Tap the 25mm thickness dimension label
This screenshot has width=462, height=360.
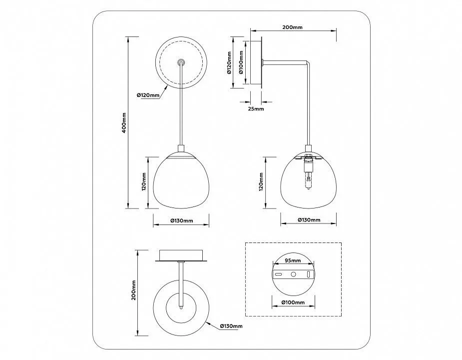(x=256, y=108)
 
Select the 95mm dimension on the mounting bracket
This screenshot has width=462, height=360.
(x=293, y=260)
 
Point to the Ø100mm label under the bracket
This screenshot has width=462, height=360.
(x=293, y=302)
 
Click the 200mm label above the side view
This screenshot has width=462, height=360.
(x=292, y=27)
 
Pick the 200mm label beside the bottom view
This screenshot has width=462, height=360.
(x=133, y=290)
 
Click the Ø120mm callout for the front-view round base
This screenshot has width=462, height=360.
(x=148, y=95)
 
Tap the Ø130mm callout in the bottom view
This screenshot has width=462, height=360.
(x=231, y=326)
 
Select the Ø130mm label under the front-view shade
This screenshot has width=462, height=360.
(x=182, y=220)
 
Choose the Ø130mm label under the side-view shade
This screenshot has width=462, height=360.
(x=309, y=220)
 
